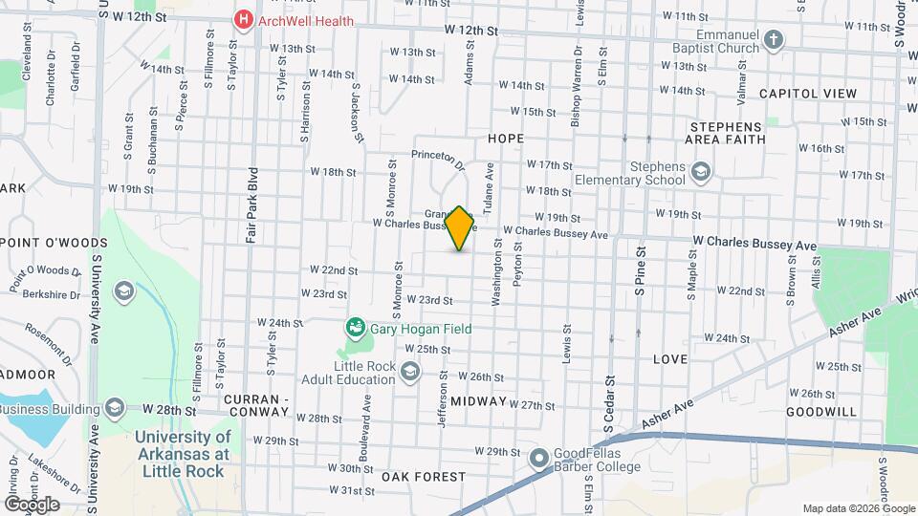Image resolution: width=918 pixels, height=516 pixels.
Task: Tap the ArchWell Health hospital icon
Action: (244, 20)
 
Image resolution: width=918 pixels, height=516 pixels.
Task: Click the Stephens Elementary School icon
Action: (701, 172)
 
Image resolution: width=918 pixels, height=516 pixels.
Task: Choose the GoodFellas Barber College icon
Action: (538, 458)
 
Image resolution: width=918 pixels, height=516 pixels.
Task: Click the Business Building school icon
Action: (115, 409)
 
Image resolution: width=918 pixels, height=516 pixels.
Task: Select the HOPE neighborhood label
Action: (506, 139)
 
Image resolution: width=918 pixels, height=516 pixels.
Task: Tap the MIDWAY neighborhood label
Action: (478, 400)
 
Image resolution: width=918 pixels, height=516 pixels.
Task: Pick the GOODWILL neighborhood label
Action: (820, 411)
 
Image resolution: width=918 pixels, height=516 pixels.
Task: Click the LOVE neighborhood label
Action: (669, 359)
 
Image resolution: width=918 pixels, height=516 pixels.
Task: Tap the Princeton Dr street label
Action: (438, 159)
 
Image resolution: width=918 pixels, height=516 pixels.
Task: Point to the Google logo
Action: (32, 505)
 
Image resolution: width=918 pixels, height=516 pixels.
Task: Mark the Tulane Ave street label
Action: (489, 186)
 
